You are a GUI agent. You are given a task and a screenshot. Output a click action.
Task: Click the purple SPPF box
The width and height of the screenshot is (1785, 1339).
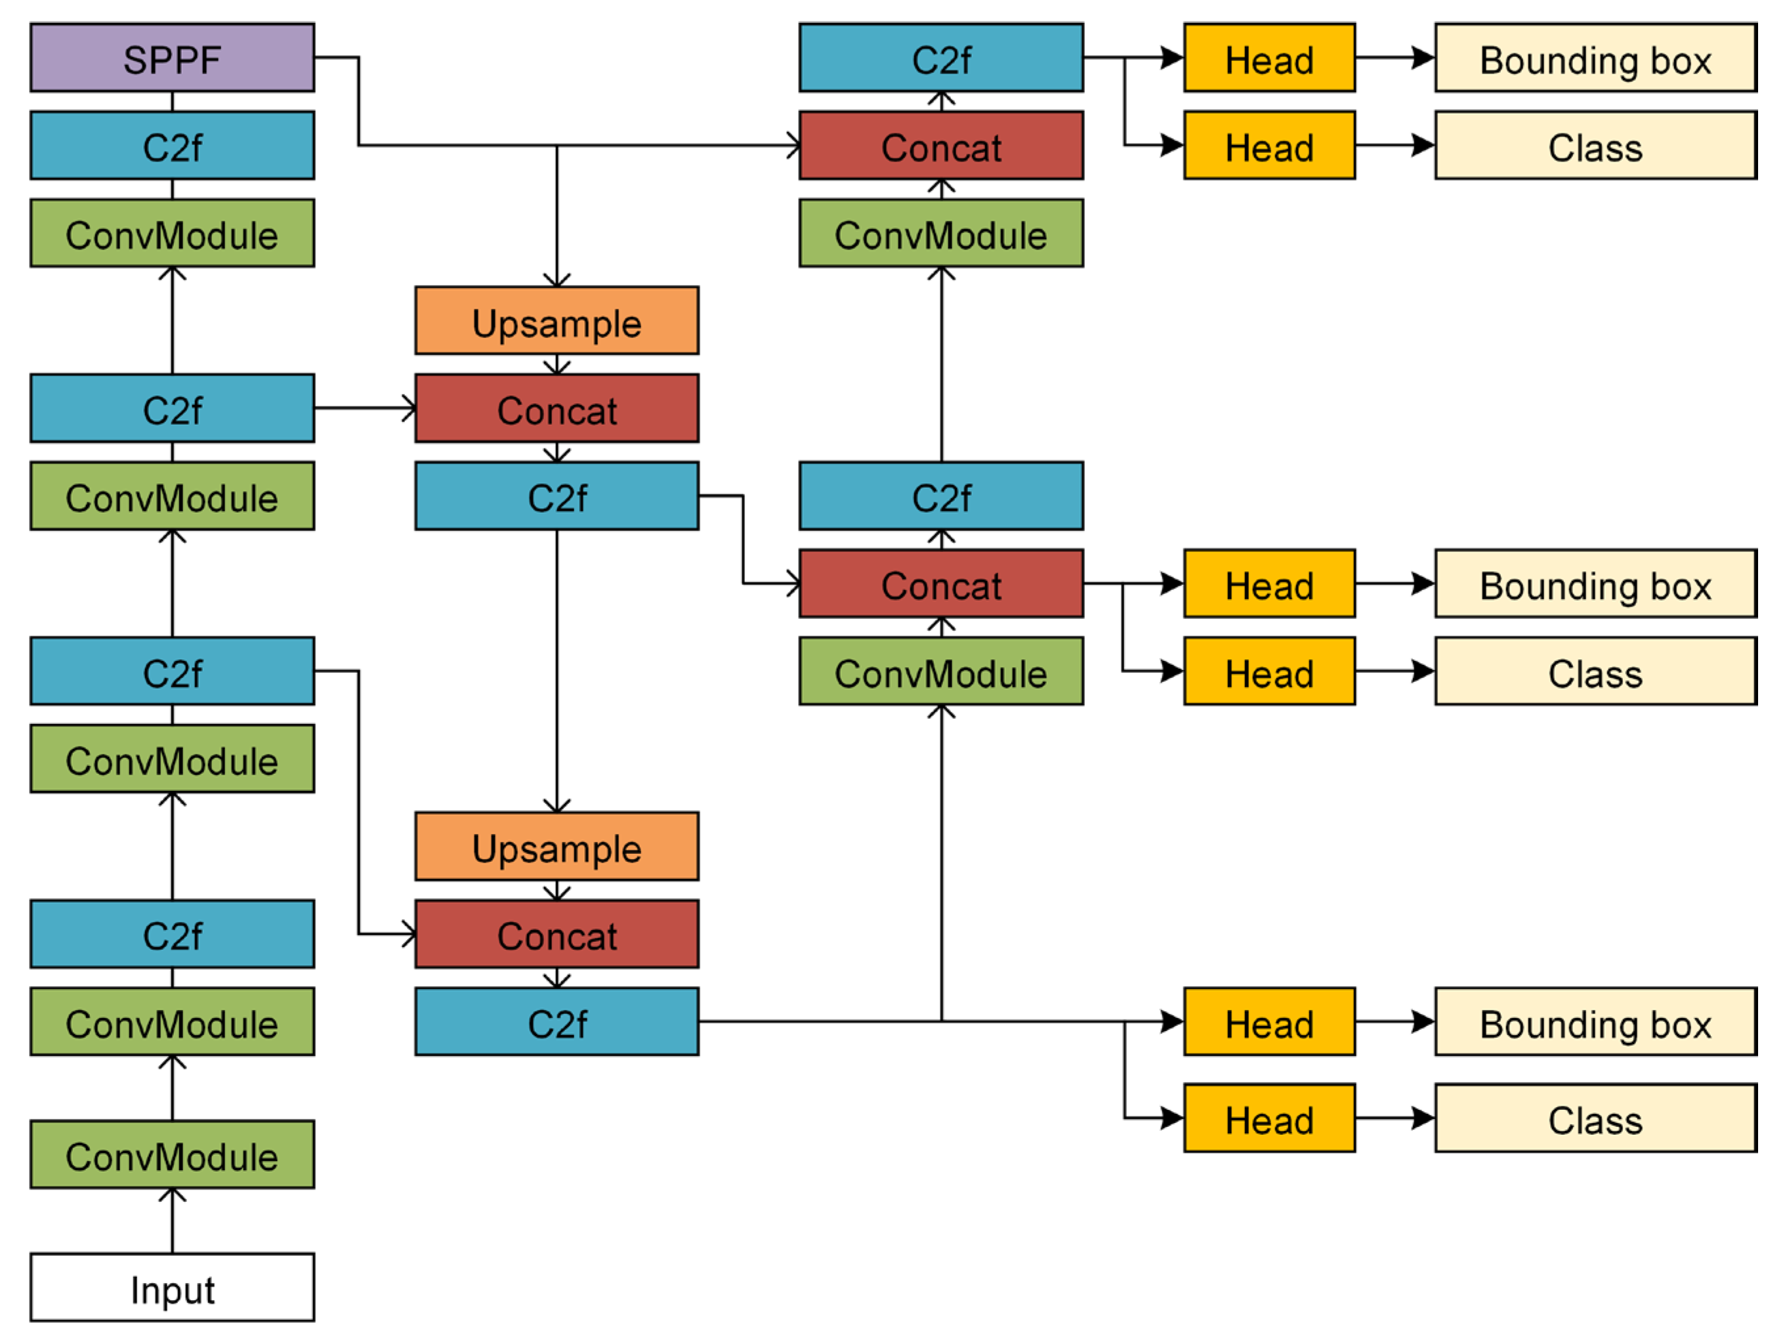(x=172, y=57)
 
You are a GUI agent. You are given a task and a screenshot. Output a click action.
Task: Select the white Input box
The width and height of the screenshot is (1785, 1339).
(x=172, y=1287)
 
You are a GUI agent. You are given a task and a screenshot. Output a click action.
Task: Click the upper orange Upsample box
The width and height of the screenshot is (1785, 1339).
(x=556, y=320)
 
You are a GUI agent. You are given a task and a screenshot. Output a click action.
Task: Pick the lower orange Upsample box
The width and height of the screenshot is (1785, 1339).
(x=556, y=846)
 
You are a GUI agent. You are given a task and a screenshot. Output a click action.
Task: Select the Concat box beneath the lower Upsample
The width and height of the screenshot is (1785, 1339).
(x=556, y=934)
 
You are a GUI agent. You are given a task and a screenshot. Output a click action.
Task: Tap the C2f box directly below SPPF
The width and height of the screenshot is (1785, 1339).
(x=172, y=145)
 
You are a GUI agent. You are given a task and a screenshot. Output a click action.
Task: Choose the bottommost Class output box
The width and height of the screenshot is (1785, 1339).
(x=1595, y=1118)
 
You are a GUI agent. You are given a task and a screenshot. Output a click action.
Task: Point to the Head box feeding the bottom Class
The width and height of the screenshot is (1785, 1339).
(x=1269, y=1118)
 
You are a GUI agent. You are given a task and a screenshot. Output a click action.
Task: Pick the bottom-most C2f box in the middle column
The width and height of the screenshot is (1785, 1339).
(x=556, y=1022)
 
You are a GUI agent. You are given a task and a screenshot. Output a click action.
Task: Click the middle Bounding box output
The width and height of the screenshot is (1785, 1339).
(x=1595, y=584)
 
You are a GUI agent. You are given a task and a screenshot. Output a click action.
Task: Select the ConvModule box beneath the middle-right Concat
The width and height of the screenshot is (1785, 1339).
(x=941, y=671)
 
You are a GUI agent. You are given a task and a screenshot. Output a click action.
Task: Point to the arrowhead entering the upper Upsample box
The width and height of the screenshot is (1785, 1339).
(x=556, y=280)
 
